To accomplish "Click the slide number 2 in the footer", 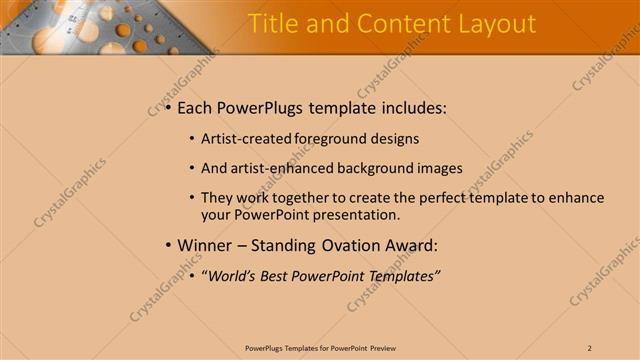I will [590, 347].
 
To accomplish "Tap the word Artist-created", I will [245, 139].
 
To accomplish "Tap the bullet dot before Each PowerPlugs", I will [168, 108].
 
